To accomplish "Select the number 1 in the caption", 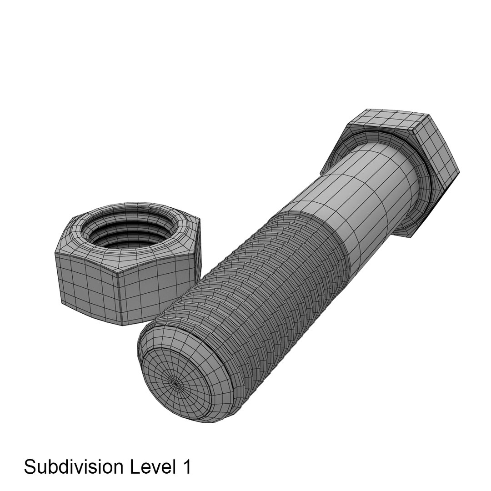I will [185, 467].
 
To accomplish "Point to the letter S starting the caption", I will [30, 467].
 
